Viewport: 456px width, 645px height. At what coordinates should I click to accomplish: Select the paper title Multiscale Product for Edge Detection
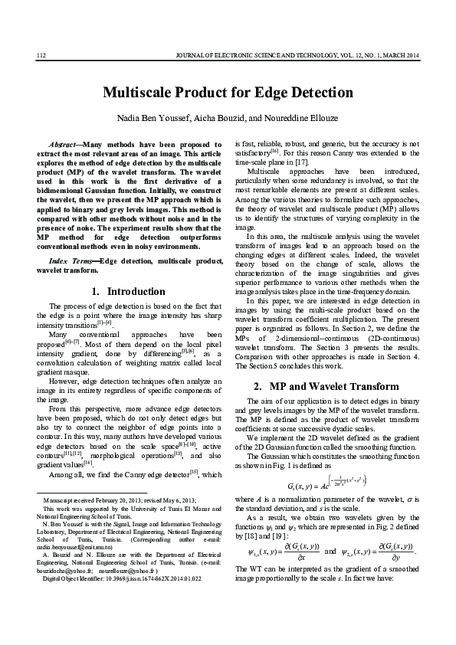(228, 93)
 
